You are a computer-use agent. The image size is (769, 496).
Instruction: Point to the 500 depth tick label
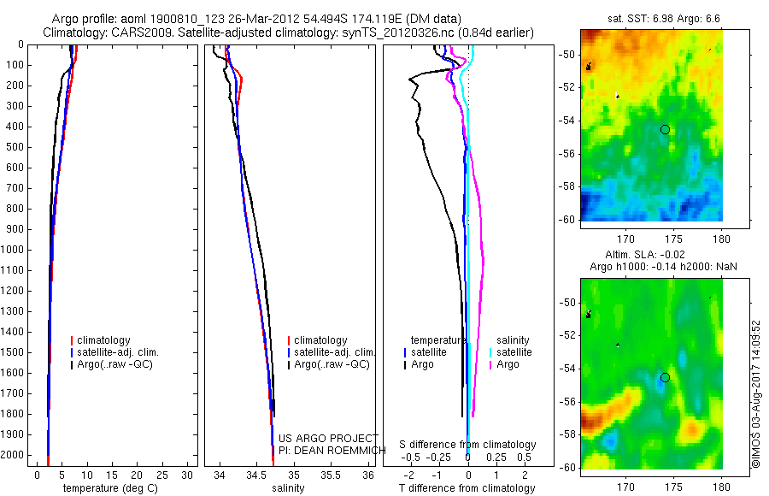coord(15,147)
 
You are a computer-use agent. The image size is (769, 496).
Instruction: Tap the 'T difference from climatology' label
coord(467,488)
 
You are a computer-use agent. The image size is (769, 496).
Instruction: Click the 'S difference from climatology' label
coord(468,445)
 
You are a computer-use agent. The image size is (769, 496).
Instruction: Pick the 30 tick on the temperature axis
coord(188,474)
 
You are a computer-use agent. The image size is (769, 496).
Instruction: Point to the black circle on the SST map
coord(665,129)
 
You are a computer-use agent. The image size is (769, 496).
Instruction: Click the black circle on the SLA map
coord(665,377)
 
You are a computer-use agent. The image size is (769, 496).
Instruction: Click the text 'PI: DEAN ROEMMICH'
coord(326,450)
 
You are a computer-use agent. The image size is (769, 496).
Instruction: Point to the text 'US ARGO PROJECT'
coord(328,438)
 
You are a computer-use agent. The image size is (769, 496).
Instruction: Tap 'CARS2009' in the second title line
coord(130,32)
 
